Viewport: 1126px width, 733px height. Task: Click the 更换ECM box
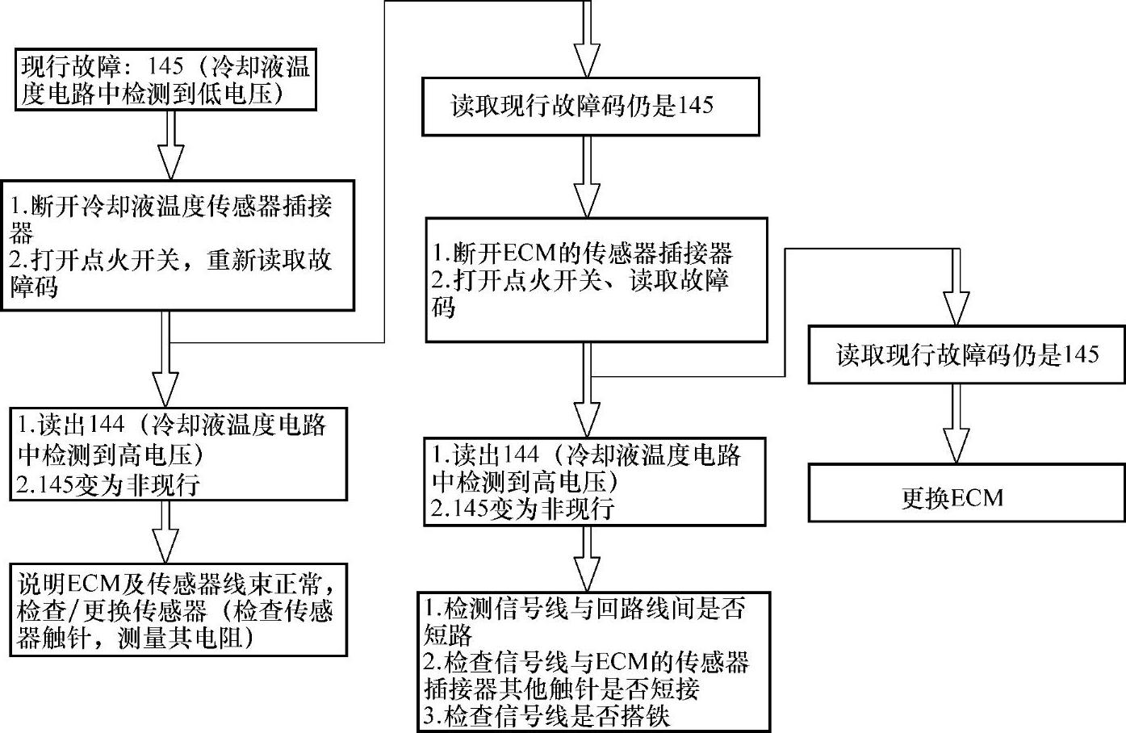pos(966,492)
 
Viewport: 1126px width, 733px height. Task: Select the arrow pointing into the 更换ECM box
pos(956,423)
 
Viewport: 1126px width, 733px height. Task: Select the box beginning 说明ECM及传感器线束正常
pos(178,609)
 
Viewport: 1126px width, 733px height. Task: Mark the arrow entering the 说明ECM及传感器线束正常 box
pos(165,532)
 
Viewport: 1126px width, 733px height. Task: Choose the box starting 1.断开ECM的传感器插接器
pos(596,279)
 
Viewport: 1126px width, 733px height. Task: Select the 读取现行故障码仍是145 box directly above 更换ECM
pos(966,354)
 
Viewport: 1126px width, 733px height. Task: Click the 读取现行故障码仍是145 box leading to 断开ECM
pos(591,106)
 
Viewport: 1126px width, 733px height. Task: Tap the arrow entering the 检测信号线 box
pos(587,559)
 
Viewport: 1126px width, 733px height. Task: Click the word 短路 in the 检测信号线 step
pos(448,635)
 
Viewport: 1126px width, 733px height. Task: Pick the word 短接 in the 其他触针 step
pos(675,689)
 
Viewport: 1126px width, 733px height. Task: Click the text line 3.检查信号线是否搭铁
pos(546,715)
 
